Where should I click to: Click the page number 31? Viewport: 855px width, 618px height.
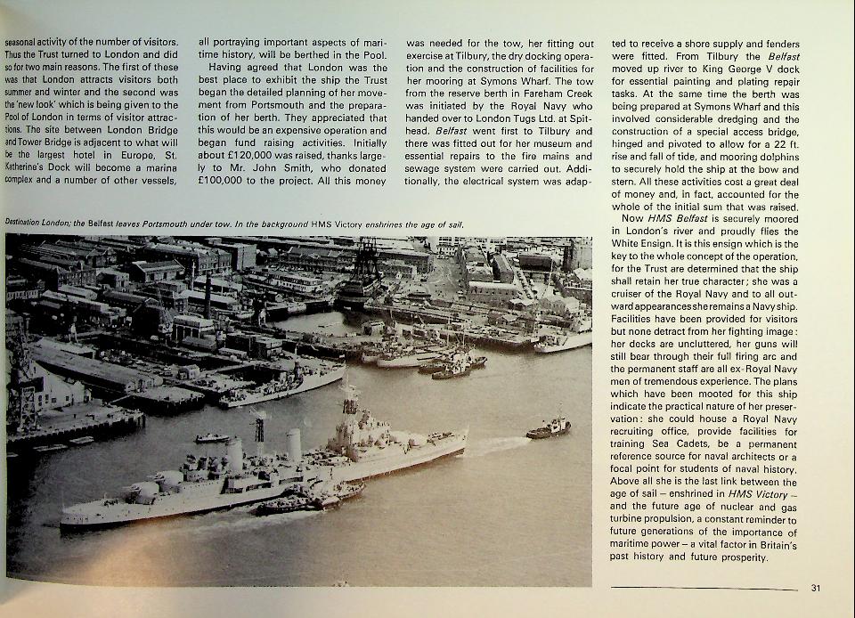coord(817,588)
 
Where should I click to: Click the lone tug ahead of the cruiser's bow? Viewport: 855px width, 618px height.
coord(548,428)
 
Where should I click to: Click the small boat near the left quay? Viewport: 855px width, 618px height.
coord(212,437)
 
